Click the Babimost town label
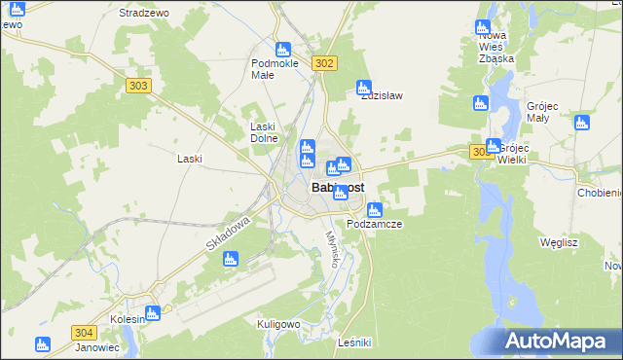[x=338, y=188]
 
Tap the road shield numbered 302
[x=325, y=63]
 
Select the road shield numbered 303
[x=139, y=86]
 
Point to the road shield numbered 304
[x=84, y=332]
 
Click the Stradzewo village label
[x=144, y=14]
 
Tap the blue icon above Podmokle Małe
[x=283, y=49]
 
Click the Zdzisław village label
[x=383, y=96]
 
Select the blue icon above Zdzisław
[x=364, y=87]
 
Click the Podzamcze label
[x=375, y=224]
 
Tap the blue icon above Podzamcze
[x=374, y=209]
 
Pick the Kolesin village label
[x=128, y=318]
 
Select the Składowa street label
[x=230, y=234]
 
